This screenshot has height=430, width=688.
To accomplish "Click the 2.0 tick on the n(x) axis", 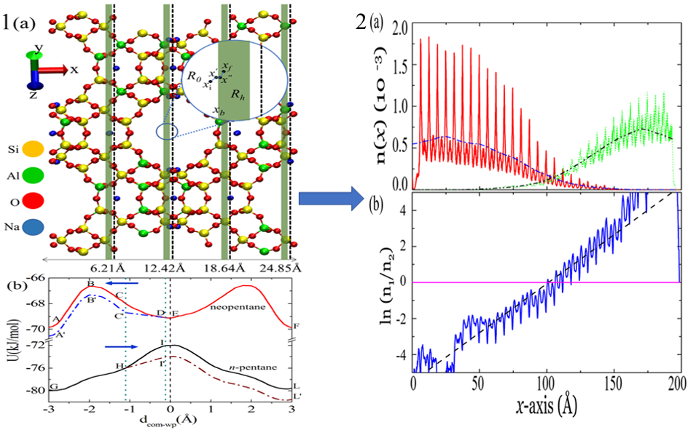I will click(x=397, y=27).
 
